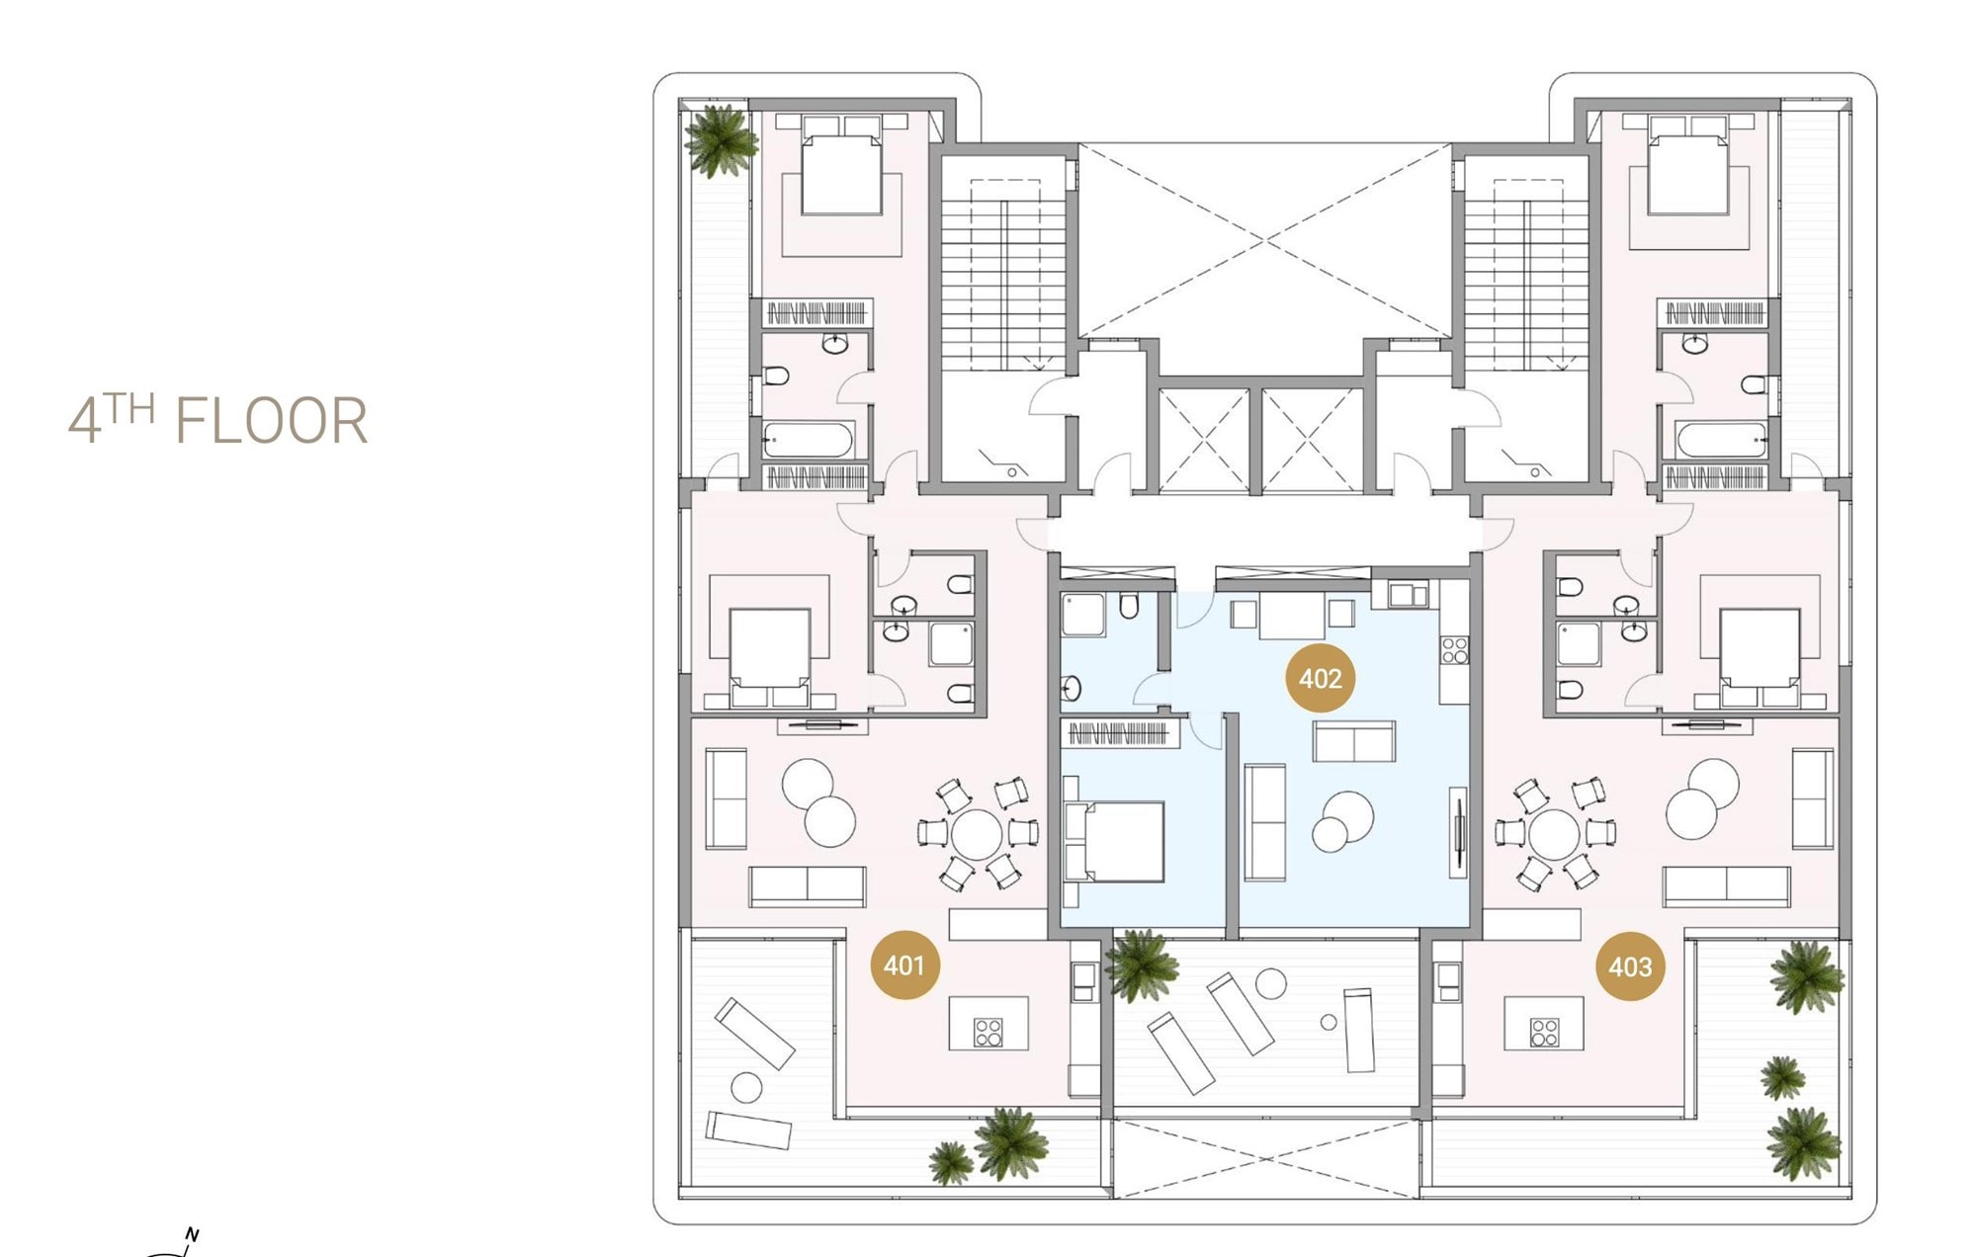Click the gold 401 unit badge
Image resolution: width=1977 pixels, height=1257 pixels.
click(x=904, y=964)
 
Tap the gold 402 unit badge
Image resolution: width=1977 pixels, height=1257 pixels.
click(x=1321, y=679)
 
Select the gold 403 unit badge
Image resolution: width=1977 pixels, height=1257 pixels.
click(x=1630, y=966)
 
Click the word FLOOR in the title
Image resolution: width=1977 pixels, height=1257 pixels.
click(x=271, y=421)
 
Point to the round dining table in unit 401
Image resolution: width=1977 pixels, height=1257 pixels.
click(x=977, y=835)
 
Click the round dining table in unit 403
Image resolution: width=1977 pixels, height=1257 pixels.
click(x=1554, y=835)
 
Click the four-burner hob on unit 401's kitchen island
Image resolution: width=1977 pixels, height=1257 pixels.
click(x=988, y=1033)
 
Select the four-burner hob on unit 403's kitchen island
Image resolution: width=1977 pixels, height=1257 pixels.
click(x=1544, y=1033)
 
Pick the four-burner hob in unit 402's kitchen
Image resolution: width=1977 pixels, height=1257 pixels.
click(x=1454, y=650)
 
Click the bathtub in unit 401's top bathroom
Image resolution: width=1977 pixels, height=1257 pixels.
click(x=809, y=440)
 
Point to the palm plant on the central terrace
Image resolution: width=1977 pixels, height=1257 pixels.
click(x=1143, y=965)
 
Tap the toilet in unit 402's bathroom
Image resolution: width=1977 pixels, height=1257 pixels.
click(x=1129, y=605)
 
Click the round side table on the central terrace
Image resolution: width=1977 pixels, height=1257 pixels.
click(x=1270, y=983)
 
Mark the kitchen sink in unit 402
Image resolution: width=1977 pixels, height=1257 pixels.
click(x=1408, y=594)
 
